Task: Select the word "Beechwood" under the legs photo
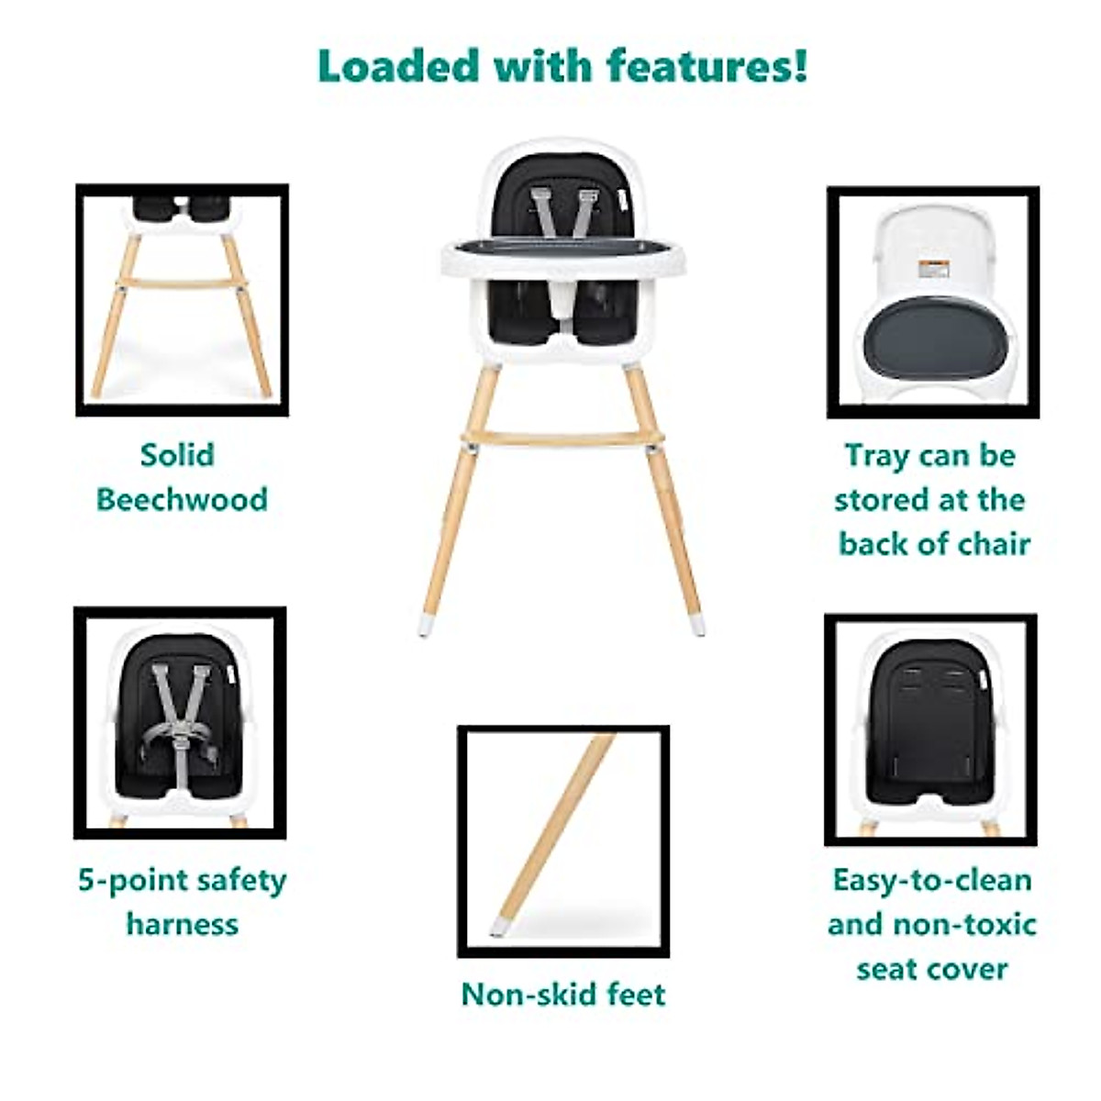[x=182, y=500]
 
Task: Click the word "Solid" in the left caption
[x=177, y=455]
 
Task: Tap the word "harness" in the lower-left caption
[x=182, y=924]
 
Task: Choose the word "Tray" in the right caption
[x=876, y=456]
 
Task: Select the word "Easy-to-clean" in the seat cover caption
[x=931, y=880]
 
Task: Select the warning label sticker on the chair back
[x=933, y=269]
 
